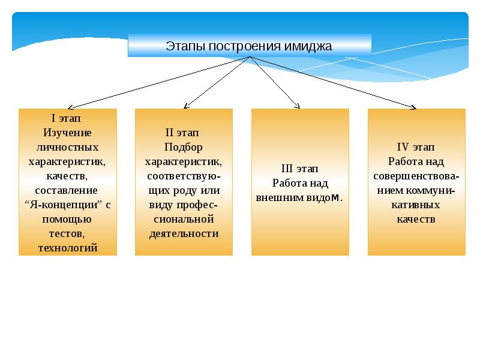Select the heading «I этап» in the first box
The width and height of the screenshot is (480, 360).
point(67,118)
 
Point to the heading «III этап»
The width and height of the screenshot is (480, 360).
point(299,169)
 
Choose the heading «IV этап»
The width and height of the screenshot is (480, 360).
point(416,147)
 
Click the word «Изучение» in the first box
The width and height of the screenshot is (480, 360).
point(67,132)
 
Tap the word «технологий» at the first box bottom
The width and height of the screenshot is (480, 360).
point(67,247)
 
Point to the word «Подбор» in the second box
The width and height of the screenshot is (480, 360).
point(183,148)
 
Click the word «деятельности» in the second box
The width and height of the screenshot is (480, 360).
point(183,234)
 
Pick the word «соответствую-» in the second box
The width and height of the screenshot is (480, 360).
point(183,176)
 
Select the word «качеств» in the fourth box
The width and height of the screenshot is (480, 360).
point(416,220)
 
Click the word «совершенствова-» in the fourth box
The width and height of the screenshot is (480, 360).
point(416,176)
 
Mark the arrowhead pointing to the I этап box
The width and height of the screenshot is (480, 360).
point(71,106)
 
